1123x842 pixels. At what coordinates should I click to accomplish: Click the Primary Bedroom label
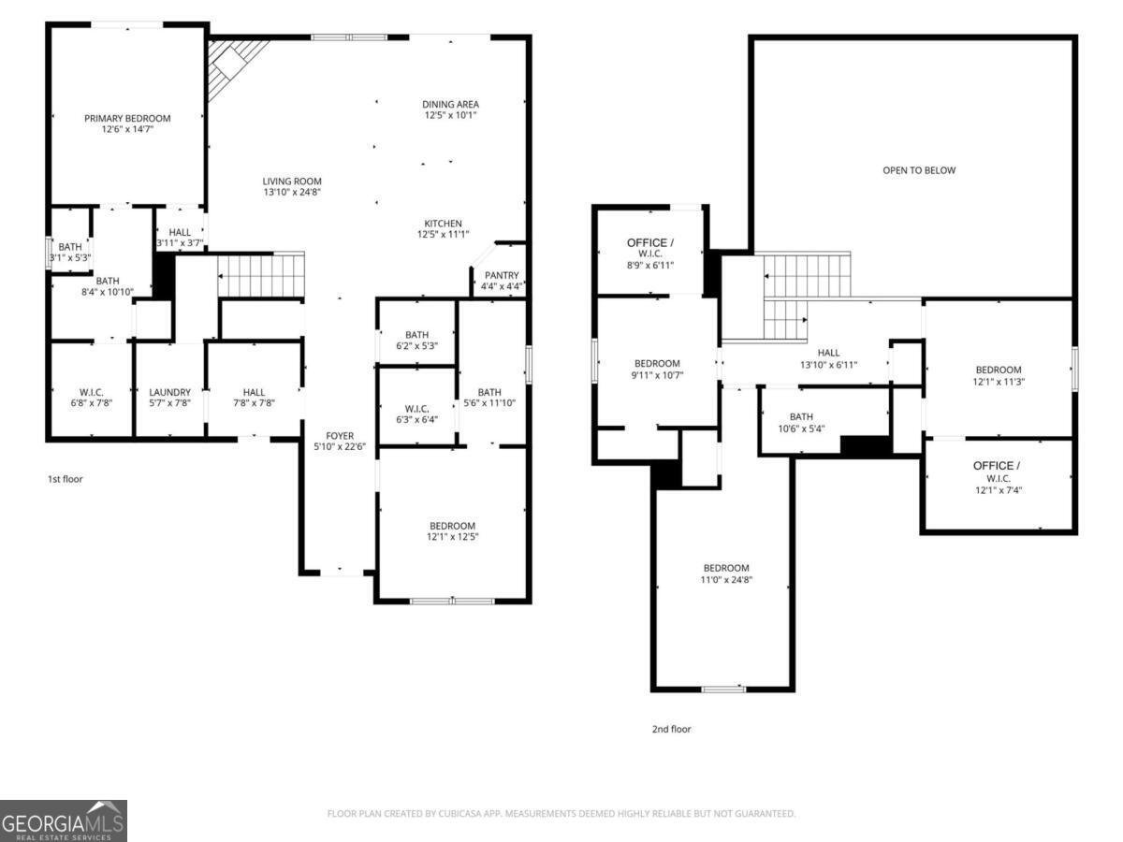pos(127,118)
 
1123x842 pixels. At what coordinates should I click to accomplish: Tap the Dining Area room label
pos(451,105)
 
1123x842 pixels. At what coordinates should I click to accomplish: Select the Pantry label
pos(502,275)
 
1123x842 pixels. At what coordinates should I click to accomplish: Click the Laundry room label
pos(169,392)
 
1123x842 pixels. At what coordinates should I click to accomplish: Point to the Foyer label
pos(340,436)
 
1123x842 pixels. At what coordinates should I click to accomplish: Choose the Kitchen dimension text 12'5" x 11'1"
pos(443,235)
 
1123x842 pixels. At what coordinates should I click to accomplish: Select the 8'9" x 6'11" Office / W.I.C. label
pos(649,254)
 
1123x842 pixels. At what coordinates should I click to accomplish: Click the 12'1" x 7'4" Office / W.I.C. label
pos(997,476)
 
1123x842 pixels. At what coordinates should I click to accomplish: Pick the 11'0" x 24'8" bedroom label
pos(726,574)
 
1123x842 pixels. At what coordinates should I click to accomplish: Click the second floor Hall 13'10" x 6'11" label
pos(829,358)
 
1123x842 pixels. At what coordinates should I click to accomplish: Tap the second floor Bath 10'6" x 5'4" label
pos(801,423)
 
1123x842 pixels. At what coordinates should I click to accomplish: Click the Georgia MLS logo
pos(64,820)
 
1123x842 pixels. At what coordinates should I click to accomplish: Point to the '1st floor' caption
pos(66,479)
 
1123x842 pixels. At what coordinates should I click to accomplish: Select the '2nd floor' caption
pos(671,729)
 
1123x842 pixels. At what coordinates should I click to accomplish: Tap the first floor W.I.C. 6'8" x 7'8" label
pos(91,398)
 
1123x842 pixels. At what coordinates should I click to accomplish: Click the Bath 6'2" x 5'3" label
pos(416,340)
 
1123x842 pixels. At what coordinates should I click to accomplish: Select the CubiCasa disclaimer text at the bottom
pos(561,814)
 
